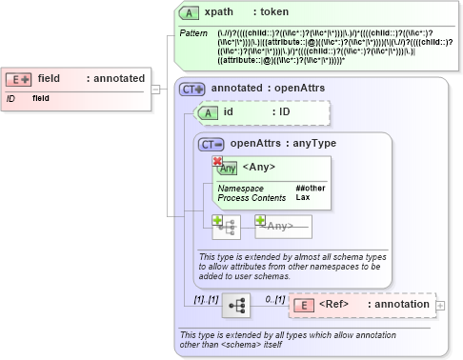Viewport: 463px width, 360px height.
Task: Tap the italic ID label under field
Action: point(10,98)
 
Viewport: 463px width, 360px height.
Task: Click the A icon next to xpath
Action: point(189,12)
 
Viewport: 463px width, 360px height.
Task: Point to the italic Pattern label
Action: point(193,33)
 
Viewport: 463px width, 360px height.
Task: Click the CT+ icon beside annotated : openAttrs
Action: point(191,89)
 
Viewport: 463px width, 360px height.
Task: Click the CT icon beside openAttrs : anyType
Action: point(211,145)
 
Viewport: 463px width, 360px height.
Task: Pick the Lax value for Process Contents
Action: point(302,198)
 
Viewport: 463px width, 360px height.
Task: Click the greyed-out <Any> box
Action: point(283,227)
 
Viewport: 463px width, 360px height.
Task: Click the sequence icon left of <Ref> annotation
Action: point(235,305)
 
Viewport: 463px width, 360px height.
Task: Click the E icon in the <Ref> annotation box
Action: point(303,306)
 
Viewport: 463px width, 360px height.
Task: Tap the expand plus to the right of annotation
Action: point(439,306)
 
